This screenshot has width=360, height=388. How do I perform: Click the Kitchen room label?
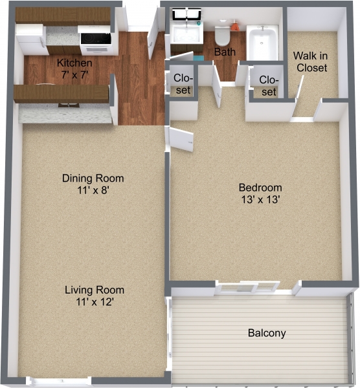tap(74, 63)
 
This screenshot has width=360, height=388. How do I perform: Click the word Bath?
tap(225, 52)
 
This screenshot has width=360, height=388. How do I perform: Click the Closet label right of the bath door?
tap(269, 85)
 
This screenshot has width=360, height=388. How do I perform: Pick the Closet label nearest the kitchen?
tap(183, 83)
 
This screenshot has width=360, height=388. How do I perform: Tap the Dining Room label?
tap(93, 178)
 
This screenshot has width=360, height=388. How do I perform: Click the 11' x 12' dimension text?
tap(93, 301)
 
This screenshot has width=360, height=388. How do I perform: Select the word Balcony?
tap(267, 334)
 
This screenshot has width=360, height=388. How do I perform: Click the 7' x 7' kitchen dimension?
tap(74, 74)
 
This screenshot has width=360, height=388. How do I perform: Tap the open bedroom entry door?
tap(181, 139)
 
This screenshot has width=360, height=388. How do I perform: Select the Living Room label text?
tap(93, 290)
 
